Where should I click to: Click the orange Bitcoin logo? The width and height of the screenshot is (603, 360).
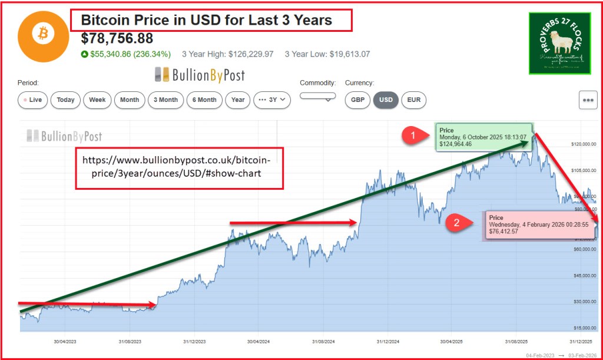pyautogui.click(x=43, y=36)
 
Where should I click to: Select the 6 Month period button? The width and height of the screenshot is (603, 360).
pyautogui.click(x=204, y=100)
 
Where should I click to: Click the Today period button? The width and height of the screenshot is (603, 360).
pyautogui.click(x=65, y=100)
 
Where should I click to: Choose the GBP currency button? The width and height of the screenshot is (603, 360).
pyautogui.click(x=357, y=100)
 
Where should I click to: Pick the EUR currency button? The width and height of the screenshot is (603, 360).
pyautogui.click(x=414, y=100)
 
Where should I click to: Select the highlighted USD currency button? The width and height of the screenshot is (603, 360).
pyautogui.click(x=386, y=100)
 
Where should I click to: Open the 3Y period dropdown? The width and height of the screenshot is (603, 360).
pyautogui.click(x=272, y=100)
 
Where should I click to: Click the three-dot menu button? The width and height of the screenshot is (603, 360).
pyautogui.click(x=588, y=100)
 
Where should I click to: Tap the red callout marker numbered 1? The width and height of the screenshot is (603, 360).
pyautogui.click(x=412, y=136)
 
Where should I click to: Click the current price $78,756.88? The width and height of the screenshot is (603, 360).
pyautogui.click(x=117, y=39)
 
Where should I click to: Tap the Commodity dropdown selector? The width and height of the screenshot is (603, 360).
pyautogui.click(x=317, y=96)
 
